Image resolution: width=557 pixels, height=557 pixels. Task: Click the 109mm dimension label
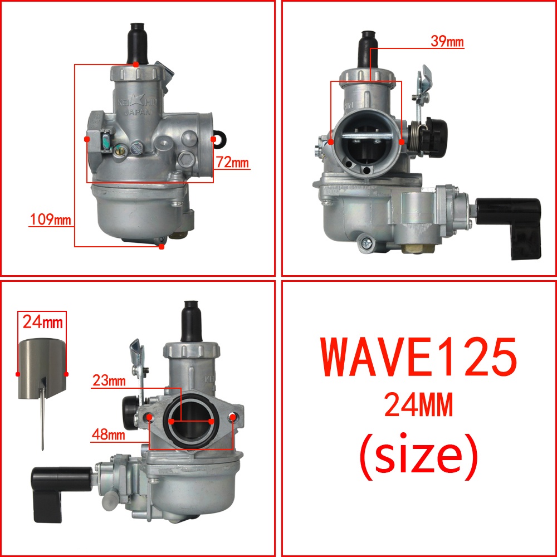(50, 219)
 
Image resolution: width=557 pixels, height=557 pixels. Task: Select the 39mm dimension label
(447, 41)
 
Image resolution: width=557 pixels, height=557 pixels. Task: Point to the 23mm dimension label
(109, 380)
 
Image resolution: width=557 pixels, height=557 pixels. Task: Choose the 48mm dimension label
(109, 434)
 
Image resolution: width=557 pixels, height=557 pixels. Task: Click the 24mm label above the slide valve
(43, 322)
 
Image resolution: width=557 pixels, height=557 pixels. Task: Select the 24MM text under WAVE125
(419, 404)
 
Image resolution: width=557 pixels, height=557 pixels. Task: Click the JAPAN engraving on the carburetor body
(138, 112)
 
